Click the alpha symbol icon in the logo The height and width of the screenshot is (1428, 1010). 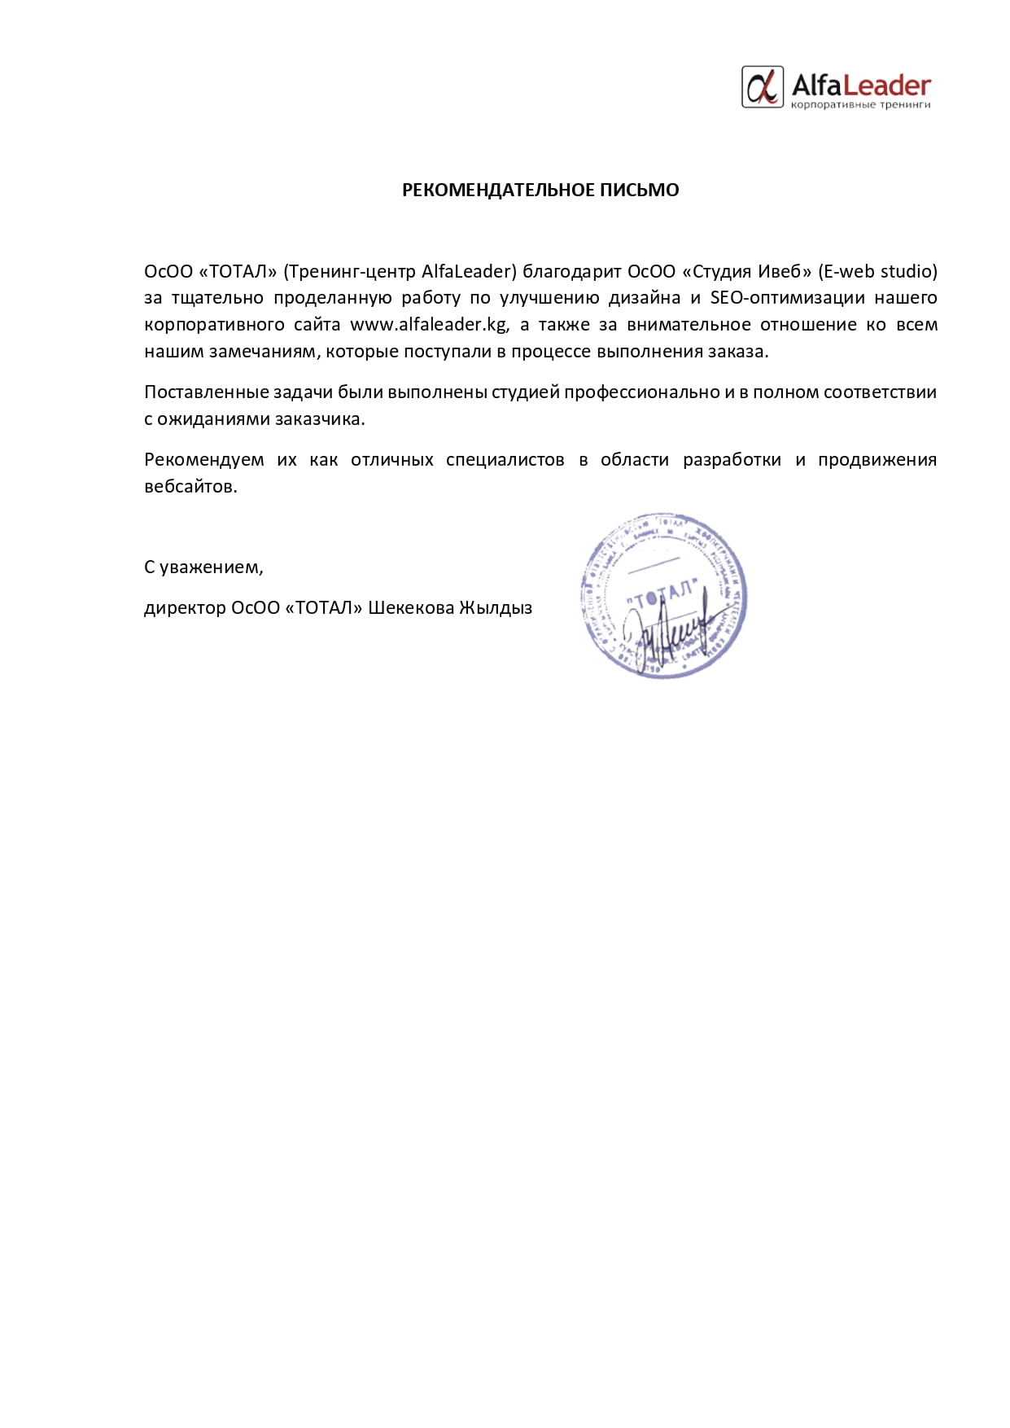click(x=763, y=87)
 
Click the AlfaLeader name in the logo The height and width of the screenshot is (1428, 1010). click(x=861, y=85)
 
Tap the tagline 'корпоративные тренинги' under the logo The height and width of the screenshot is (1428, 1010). click(x=861, y=105)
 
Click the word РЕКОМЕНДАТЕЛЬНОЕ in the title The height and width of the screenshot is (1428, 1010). click(x=498, y=190)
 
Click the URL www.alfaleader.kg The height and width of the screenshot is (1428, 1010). click(x=429, y=325)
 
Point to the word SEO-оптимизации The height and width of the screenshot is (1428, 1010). click(x=787, y=298)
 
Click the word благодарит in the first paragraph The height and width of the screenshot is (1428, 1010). click(x=571, y=271)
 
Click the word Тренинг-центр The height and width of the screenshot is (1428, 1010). click(x=352, y=271)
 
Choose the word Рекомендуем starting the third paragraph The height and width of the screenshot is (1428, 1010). click(x=204, y=460)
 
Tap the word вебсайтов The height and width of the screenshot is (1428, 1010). click(x=190, y=487)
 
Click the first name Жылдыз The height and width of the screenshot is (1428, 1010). click(x=496, y=608)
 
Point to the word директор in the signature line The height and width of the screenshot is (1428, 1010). click(x=185, y=608)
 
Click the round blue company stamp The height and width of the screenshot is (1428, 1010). click(x=663, y=596)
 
